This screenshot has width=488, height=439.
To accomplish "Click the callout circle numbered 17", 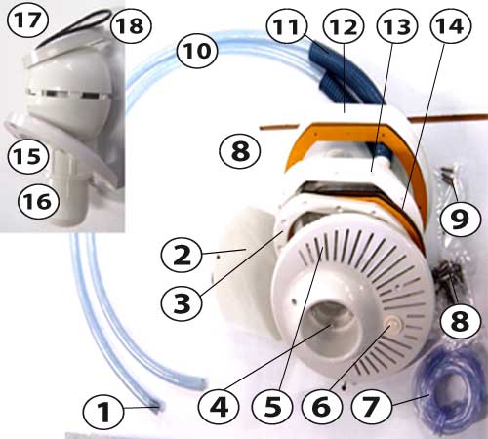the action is click(x=28, y=20).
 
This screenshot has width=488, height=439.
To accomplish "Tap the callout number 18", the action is click(x=131, y=25).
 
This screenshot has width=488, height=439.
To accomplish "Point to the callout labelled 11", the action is click(x=287, y=26).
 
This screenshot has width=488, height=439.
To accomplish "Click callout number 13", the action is click(x=397, y=26).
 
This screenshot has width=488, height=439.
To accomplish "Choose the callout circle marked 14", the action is click(x=451, y=26).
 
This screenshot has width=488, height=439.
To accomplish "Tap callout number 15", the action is click(x=28, y=157).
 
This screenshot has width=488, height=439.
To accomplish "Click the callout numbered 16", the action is click(x=38, y=201).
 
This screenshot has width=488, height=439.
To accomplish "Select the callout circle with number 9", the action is click(x=460, y=219).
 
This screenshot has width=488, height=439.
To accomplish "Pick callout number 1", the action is click(x=103, y=412).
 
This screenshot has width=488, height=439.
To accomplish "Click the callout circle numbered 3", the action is click(x=182, y=303).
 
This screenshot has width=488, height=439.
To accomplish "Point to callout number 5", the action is click(x=272, y=407).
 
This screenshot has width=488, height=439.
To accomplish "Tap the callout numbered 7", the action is click(x=372, y=406).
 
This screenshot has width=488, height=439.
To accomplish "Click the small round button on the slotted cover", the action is click(x=393, y=325).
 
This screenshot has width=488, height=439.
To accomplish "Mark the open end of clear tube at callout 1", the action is click(x=157, y=409).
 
